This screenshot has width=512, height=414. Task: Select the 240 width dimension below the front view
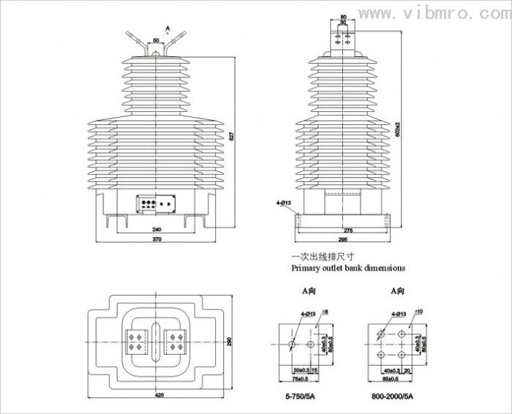click(157, 229)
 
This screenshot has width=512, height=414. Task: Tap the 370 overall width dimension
click(157, 239)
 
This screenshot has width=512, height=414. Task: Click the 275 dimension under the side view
click(347, 230)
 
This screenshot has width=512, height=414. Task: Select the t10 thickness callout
click(418, 312)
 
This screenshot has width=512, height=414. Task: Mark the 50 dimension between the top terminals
click(156, 40)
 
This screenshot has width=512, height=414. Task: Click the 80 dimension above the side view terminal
click(344, 15)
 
